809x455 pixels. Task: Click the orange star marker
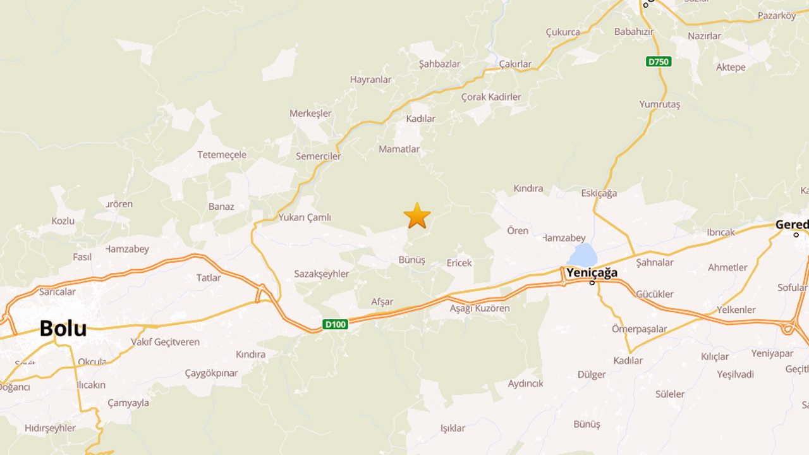pyautogui.click(x=417, y=216)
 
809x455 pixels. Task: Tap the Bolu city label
pyautogui.click(x=63, y=329)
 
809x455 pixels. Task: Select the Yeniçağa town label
pyautogui.click(x=592, y=273)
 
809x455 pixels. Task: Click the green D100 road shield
pyautogui.click(x=335, y=324)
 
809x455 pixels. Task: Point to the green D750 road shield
pyautogui.click(x=659, y=62)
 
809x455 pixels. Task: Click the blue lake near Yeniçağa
pyautogui.click(x=583, y=255)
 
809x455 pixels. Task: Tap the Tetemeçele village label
pyautogui.click(x=222, y=155)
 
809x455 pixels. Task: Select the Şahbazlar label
pyautogui.click(x=439, y=64)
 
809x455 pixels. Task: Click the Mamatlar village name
pyautogui.click(x=399, y=149)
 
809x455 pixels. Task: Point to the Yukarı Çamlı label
pyautogui.click(x=305, y=217)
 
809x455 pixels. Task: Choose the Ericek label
pyautogui.click(x=459, y=263)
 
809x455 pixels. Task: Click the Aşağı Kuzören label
pyautogui.click(x=479, y=308)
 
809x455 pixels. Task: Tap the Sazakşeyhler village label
pyautogui.click(x=321, y=274)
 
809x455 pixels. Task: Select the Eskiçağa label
pyautogui.click(x=599, y=193)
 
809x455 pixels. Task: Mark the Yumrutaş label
pyautogui.click(x=659, y=104)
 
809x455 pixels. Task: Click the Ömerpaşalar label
pyautogui.click(x=639, y=329)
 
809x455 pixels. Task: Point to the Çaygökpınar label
pyautogui.click(x=211, y=373)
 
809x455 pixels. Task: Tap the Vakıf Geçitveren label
pyautogui.click(x=165, y=342)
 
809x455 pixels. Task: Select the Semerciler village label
pyautogui.click(x=318, y=156)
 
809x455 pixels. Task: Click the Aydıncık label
pyautogui.click(x=525, y=384)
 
